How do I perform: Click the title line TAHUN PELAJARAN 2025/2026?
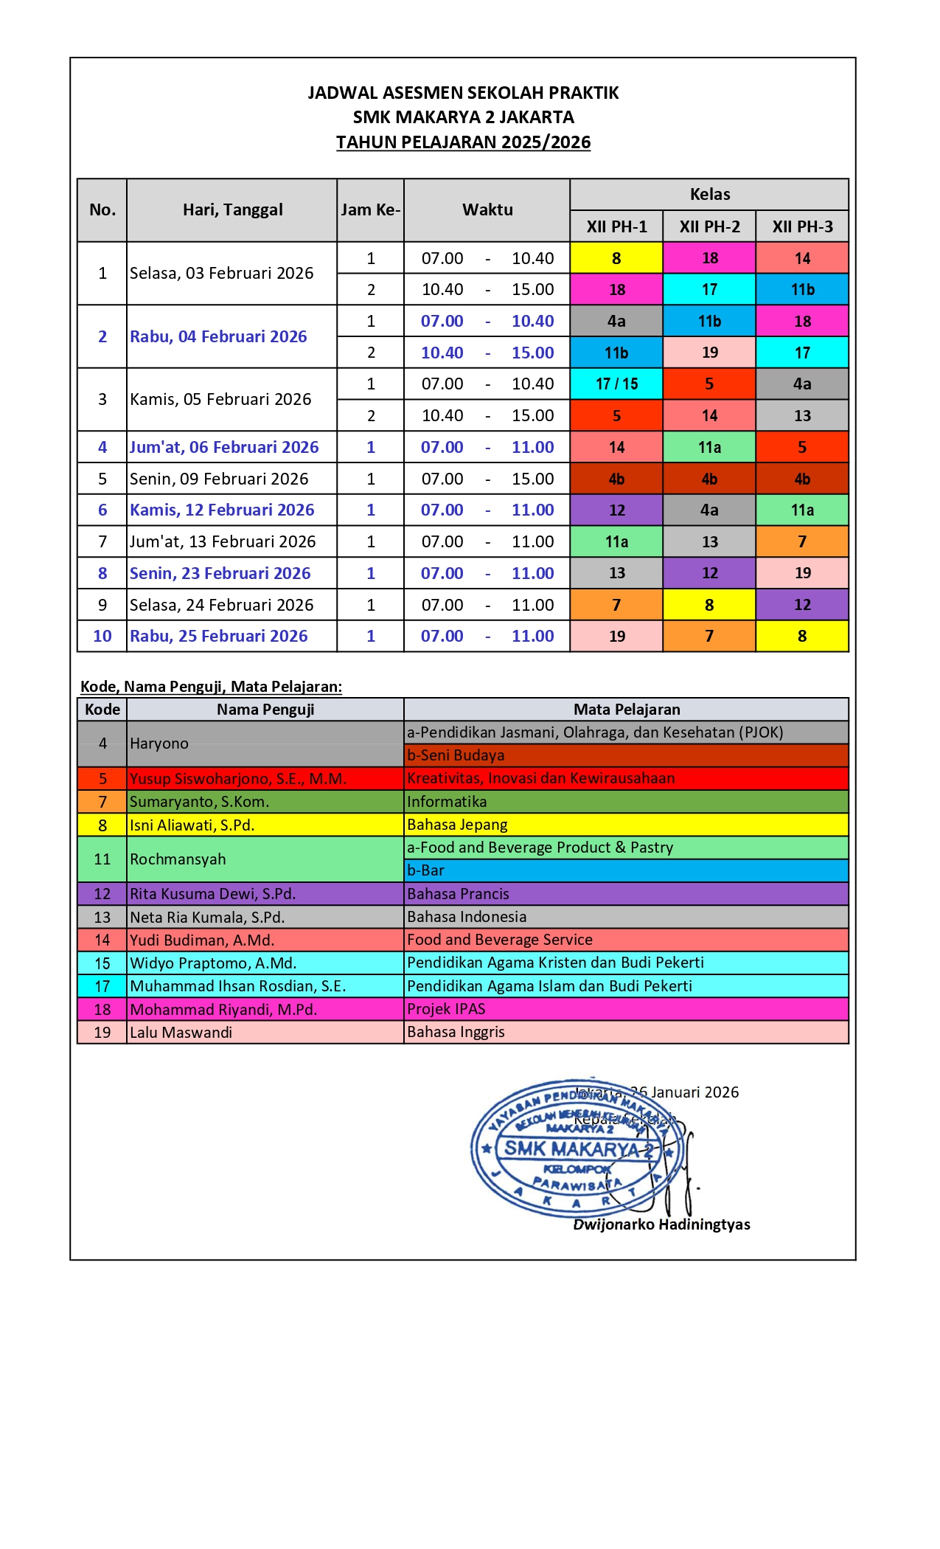(x=463, y=142)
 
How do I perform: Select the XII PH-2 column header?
(x=709, y=226)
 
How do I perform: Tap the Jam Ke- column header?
(x=370, y=210)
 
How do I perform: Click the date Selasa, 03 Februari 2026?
(x=222, y=274)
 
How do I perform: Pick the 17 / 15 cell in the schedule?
(x=616, y=384)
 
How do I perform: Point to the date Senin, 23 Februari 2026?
(x=220, y=573)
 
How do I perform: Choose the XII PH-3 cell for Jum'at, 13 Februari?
(x=802, y=541)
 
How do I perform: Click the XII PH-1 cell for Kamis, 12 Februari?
(x=616, y=510)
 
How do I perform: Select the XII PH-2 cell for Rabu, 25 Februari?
(x=709, y=636)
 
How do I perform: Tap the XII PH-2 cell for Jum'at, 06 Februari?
(x=709, y=447)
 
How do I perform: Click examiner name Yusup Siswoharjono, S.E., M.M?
(x=238, y=779)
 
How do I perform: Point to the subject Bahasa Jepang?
(x=457, y=825)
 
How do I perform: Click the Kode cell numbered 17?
(x=102, y=986)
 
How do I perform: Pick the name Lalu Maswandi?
(x=181, y=1033)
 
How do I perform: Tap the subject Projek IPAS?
(x=446, y=1009)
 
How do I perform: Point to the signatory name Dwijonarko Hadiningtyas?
(x=661, y=1224)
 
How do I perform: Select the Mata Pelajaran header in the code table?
(x=627, y=710)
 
